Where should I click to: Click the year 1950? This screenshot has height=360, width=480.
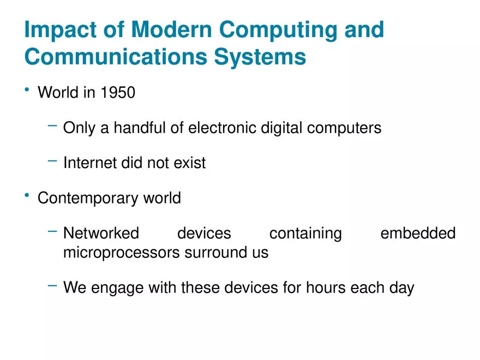(117, 93)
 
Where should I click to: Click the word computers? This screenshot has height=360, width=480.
(344, 128)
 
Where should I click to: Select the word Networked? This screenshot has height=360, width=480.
(101, 233)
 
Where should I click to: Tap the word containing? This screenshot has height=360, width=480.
(305, 233)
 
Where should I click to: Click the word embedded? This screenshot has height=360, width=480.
(417, 233)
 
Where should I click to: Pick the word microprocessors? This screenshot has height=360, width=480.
(121, 253)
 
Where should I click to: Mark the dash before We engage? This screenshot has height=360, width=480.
(52, 285)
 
